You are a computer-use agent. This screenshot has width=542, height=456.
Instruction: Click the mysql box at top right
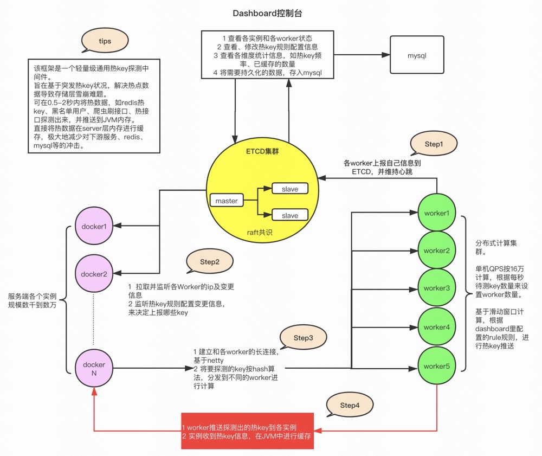pyautogui.click(x=417, y=55)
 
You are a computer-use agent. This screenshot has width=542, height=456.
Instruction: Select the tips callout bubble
pyautogui.click(x=105, y=41)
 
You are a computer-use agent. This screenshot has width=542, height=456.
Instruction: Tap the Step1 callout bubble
pyautogui.click(x=434, y=144)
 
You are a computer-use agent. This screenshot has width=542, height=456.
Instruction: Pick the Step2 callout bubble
pyautogui.click(x=210, y=262)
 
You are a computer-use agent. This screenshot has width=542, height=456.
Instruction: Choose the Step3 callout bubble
pyautogui.click(x=304, y=338)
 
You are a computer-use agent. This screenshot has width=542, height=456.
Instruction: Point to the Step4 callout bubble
pyautogui.click(x=350, y=406)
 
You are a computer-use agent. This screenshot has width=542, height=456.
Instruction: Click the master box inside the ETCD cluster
pyautogui.click(x=227, y=201)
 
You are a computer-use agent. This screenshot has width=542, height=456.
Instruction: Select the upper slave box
pyautogui.click(x=290, y=189)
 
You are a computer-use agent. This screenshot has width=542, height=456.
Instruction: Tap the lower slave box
pyautogui.click(x=290, y=215)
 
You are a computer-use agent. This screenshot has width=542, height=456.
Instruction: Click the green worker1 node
pyautogui.click(x=437, y=213)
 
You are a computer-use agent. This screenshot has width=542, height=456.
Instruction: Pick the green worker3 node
pyautogui.click(x=437, y=288)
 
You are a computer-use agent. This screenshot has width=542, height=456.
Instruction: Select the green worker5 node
pyautogui.click(x=437, y=366)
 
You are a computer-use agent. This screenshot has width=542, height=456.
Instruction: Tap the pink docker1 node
pyautogui.click(x=94, y=226)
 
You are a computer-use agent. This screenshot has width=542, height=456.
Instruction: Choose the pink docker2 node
pyautogui.click(x=94, y=274)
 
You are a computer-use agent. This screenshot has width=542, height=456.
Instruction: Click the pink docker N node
pyautogui.click(x=94, y=369)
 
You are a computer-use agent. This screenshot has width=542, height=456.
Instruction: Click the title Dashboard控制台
pyautogui.click(x=272, y=13)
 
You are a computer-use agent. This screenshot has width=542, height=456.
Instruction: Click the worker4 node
pyautogui.click(x=437, y=327)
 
